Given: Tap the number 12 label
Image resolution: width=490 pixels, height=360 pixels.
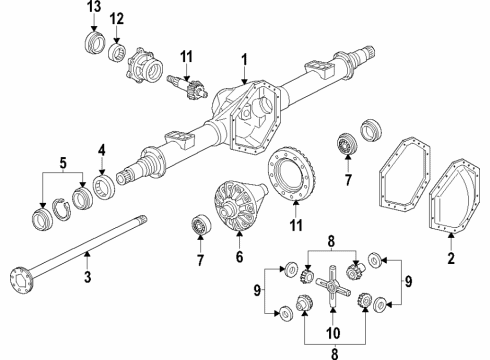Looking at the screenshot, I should (x=117, y=19).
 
